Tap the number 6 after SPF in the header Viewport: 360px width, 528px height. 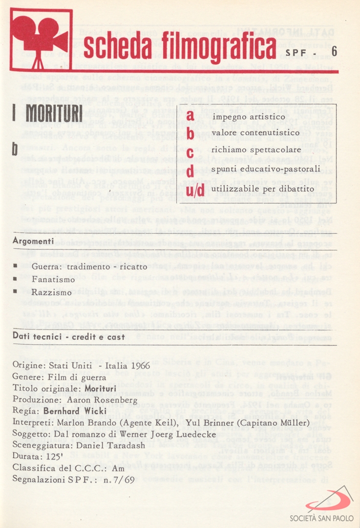pos(334,51)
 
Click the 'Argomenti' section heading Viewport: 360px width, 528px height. pos(34,242)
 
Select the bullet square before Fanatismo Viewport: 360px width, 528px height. pos(15,280)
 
